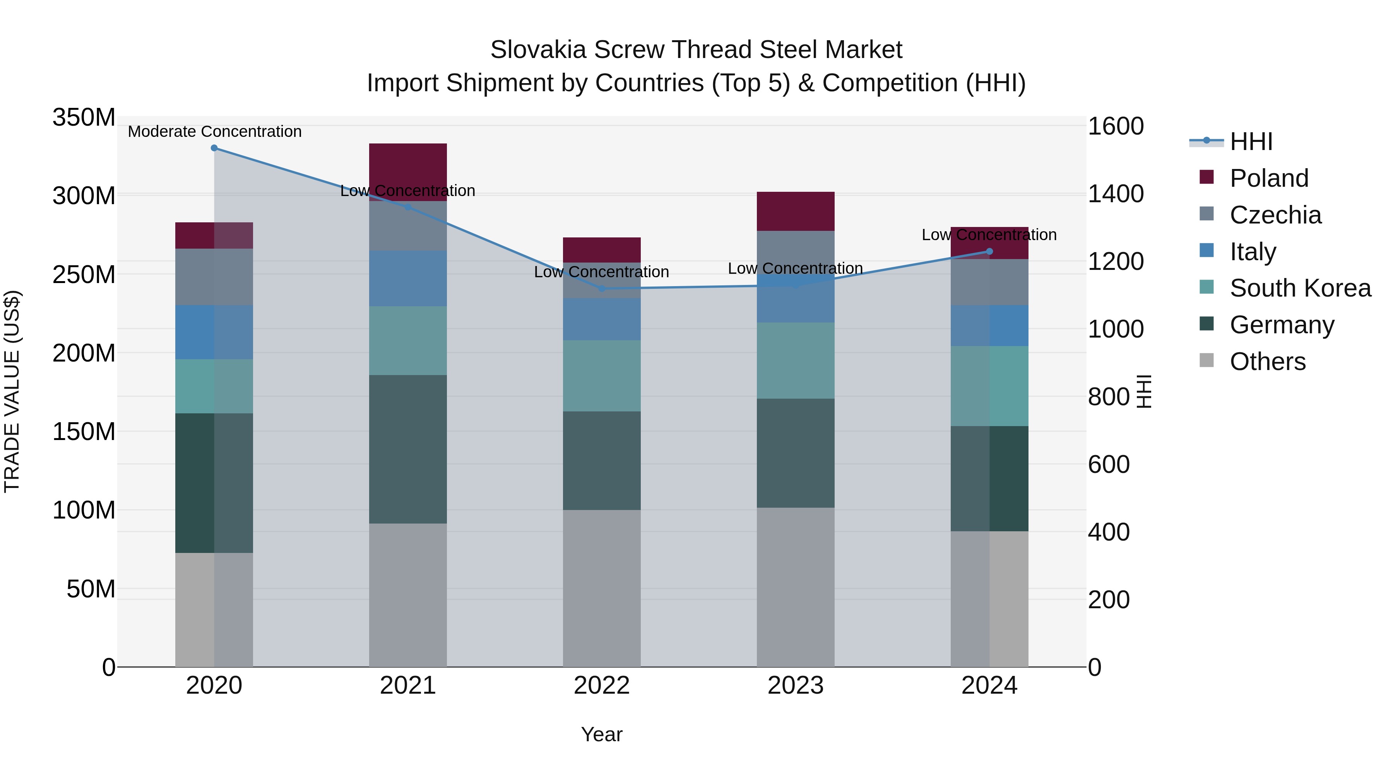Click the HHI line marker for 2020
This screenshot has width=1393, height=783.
tap(214, 148)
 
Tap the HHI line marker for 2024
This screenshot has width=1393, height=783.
tap(989, 251)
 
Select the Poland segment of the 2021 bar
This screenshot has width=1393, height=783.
tap(408, 172)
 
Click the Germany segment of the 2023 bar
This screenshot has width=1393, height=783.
tap(796, 453)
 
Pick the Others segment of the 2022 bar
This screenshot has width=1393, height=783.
tap(602, 588)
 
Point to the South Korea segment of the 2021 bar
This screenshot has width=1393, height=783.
tap(408, 340)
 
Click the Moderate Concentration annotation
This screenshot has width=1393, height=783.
tap(215, 132)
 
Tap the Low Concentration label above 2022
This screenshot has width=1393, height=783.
tap(601, 272)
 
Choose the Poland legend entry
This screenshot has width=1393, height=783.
tap(1269, 178)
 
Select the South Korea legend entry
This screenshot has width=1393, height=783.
tap(1300, 288)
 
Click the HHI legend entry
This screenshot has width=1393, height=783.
tap(1251, 142)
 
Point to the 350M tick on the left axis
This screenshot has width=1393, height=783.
tap(84, 117)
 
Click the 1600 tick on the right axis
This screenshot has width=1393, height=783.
tap(1116, 126)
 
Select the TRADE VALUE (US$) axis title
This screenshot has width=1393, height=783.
tap(12, 391)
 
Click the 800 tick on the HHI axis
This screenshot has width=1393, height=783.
tap(1109, 397)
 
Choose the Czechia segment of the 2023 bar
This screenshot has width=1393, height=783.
tap(796, 252)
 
